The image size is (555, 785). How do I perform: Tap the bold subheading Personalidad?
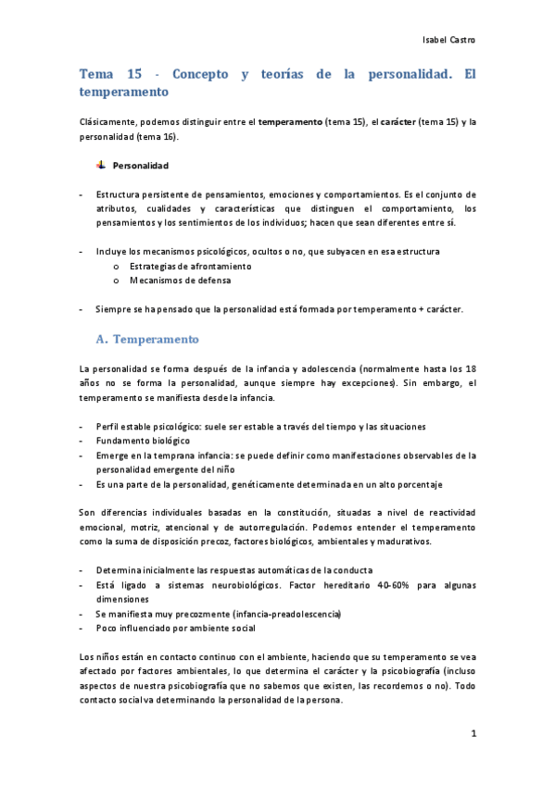tap(140, 167)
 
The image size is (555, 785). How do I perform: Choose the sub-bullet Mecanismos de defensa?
tap(168, 280)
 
